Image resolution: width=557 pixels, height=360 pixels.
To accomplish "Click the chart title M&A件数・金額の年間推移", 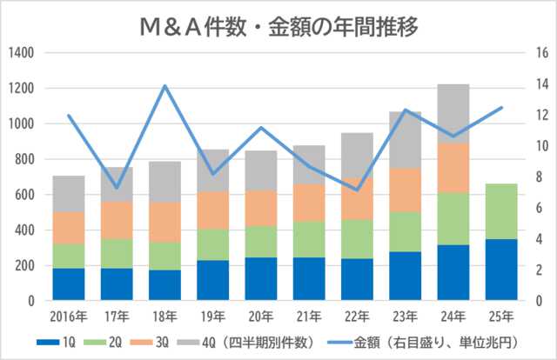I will (x=278, y=25).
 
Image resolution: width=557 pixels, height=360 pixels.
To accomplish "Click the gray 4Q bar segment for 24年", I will (x=453, y=113).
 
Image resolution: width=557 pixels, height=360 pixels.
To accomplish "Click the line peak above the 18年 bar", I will (x=164, y=86).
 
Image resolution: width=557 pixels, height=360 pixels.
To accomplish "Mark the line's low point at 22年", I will (x=357, y=190).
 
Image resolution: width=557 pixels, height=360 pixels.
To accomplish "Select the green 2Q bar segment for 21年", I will (x=309, y=239).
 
